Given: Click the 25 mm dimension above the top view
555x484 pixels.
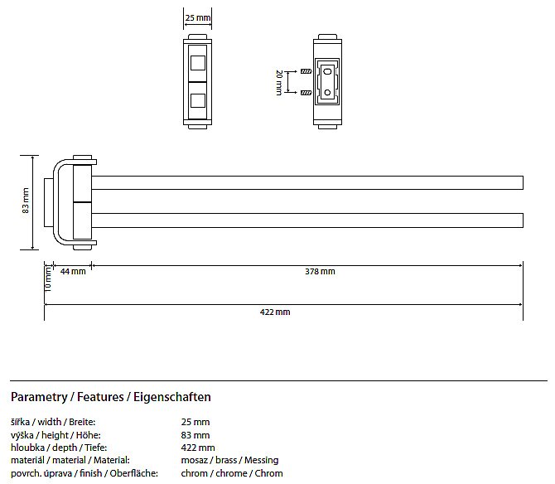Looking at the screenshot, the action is [197, 17].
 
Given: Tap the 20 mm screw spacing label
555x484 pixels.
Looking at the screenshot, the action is [279, 83].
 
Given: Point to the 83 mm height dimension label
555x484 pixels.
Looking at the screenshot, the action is [26, 201].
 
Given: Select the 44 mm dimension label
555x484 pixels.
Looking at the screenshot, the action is [73, 271].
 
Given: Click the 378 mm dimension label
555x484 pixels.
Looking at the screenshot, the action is [320, 271].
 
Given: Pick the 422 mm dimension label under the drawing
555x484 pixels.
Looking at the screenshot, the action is [275, 312].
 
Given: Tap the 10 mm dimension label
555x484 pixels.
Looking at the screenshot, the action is [48, 279].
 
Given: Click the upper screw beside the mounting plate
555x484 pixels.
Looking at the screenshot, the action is [306, 71].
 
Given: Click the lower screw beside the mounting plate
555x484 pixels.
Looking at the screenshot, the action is [306, 93].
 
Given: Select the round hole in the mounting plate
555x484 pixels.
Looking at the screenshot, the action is [327, 93].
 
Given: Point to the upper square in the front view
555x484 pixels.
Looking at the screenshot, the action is [197, 63].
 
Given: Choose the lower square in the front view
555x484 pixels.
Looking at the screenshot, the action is [197, 100].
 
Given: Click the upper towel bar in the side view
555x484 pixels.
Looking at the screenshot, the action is [307, 182].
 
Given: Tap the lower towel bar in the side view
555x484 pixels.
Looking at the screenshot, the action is [307, 220].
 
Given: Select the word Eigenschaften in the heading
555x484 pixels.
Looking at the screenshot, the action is [172, 397].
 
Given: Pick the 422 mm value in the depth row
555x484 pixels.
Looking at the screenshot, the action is [198, 448].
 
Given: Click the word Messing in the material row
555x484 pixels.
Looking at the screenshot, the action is [261, 460].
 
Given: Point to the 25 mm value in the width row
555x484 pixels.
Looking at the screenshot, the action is [195, 422].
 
